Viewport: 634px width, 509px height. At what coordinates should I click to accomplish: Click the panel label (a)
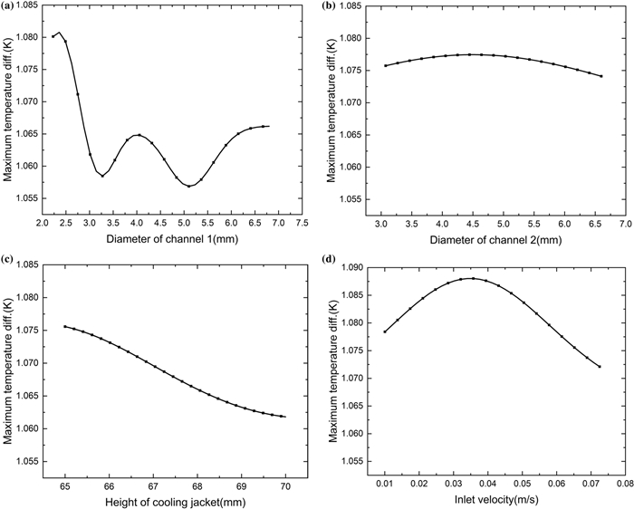point(7,8)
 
